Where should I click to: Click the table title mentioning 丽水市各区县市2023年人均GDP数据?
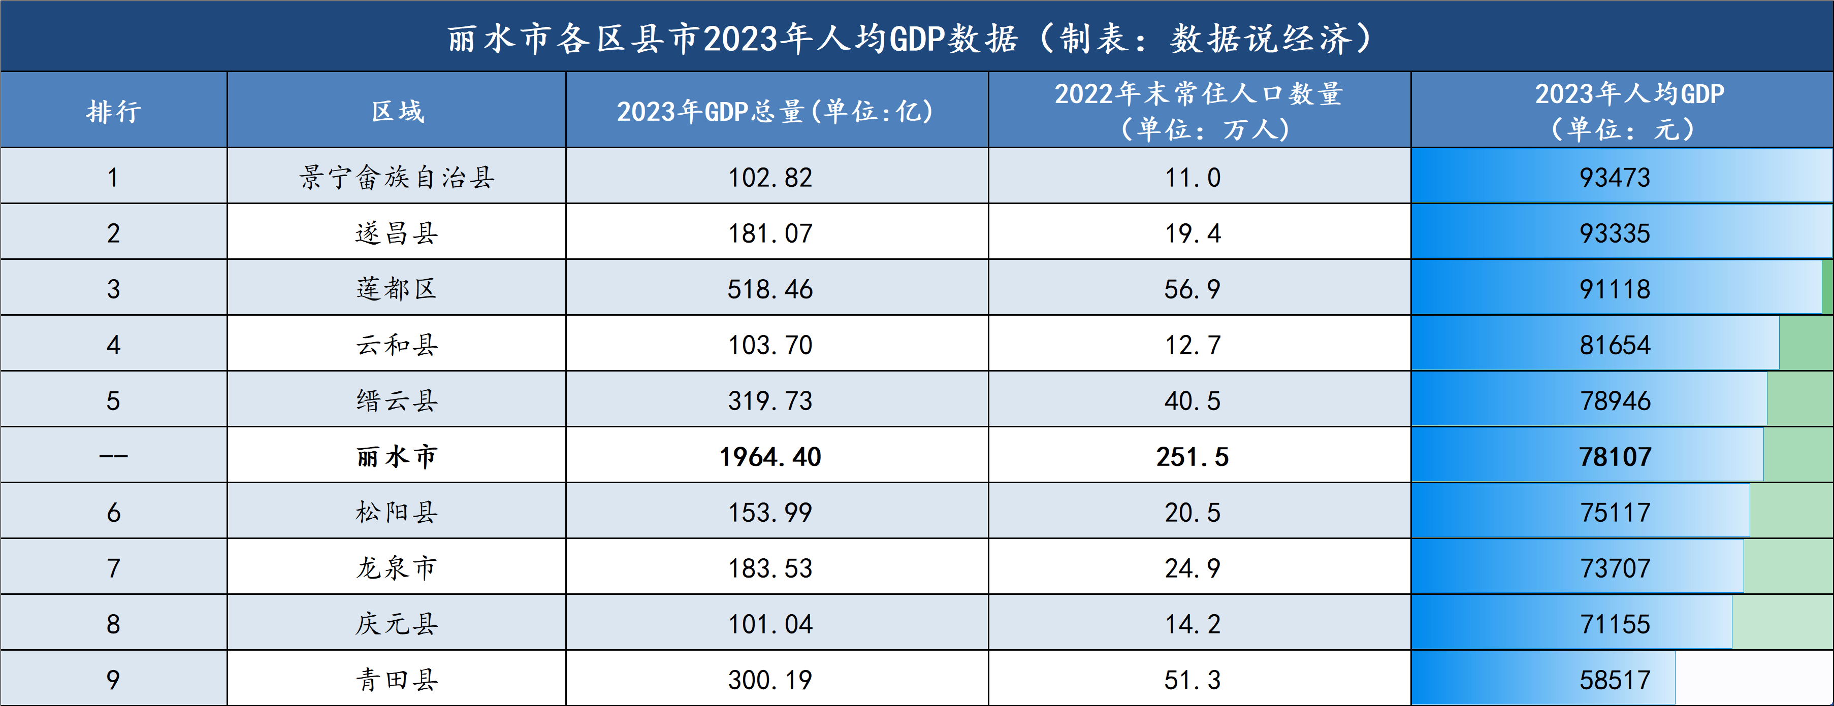(x=910, y=39)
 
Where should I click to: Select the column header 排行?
(x=114, y=111)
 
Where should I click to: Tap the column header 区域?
(x=397, y=111)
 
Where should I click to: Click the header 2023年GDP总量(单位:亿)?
(x=776, y=111)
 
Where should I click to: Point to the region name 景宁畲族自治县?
(x=397, y=177)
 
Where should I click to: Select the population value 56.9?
(x=1193, y=289)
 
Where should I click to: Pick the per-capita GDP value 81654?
(x=1615, y=345)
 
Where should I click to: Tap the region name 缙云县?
(x=397, y=400)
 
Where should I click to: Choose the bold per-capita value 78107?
(x=1615, y=457)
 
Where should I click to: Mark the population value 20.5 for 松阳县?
(x=1193, y=513)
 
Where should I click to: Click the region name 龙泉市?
(x=397, y=568)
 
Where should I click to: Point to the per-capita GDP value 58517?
(x=1615, y=680)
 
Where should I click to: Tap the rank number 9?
(x=113, y=680)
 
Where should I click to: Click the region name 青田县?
(x=397, y=680)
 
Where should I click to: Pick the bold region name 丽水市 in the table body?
(x=397, y=457)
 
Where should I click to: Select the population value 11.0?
(x=1193, y=177)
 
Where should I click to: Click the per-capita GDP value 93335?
(x=1615, y=233)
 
